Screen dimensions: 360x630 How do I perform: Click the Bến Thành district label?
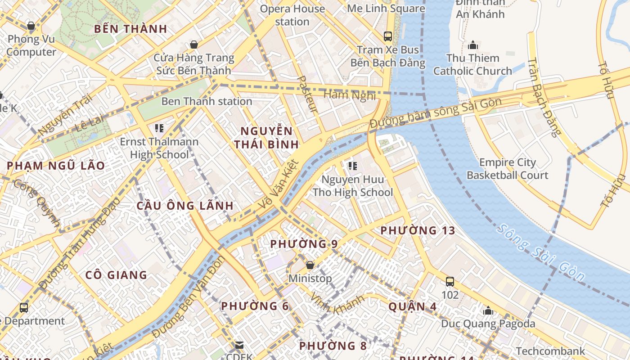point(130,29)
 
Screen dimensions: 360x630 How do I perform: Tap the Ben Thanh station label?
point(207,101)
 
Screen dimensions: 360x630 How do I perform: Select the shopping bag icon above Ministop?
point(310,265)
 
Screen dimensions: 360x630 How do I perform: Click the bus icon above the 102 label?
point(450,282)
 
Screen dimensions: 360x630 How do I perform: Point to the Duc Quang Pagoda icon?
point(488,310)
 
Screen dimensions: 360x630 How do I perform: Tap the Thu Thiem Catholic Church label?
point(472,64)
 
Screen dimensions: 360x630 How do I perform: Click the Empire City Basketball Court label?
point(507,169)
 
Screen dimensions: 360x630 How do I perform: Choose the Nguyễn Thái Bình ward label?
point(269,138)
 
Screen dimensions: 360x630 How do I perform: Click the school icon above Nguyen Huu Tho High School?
point(352,166)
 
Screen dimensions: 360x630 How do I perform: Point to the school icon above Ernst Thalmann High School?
point(159,128)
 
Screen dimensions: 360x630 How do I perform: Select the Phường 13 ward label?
point(418,231)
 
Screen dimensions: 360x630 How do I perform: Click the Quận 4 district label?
point(412,307)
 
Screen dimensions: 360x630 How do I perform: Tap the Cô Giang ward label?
point(116,275)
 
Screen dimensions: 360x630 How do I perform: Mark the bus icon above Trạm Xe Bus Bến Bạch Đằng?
point(387,36)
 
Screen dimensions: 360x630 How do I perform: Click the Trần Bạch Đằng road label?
point(544,97)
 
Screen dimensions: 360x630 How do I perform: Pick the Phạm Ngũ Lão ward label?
point(56,166)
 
